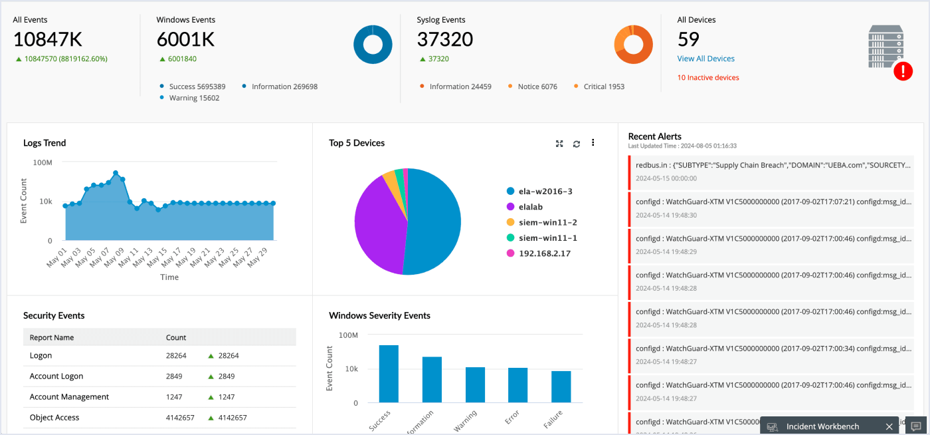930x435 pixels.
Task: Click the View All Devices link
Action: pos(705,59)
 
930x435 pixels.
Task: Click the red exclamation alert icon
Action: pos(903,71)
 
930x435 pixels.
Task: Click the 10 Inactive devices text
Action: pos(708,78)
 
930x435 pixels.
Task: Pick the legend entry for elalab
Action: pos(531,207)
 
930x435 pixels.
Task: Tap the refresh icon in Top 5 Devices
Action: pos(576,143)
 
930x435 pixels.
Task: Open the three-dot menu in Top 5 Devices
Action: pos(593,142)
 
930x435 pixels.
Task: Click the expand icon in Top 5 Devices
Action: pos(559,143)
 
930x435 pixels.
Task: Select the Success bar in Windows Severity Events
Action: pos(389,374)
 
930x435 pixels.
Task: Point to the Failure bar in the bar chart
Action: pos(561,386)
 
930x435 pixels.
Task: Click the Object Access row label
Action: pos(54,418)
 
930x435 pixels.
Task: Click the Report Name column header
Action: pos(52,337)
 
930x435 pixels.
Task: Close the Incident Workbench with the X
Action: pos(889,426)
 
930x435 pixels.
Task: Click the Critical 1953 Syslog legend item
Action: pos(603,86)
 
